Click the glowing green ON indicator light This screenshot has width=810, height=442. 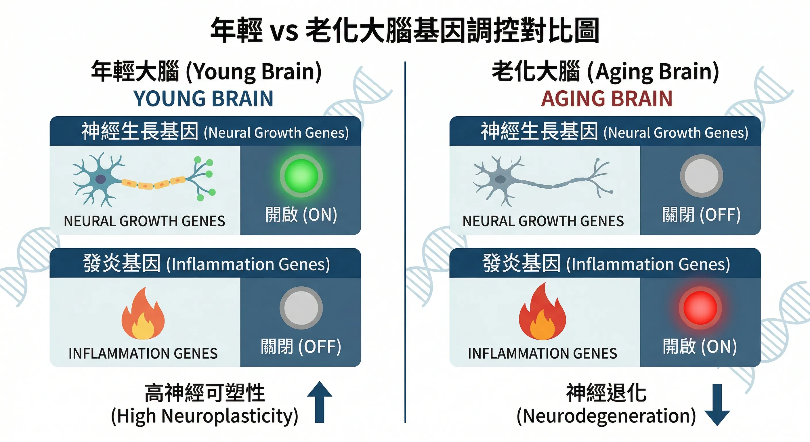point(301,176)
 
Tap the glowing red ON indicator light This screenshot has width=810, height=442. point(700,308)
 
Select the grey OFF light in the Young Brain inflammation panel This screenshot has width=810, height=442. point(301,308)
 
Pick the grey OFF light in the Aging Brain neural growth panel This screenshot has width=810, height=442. point(701,176)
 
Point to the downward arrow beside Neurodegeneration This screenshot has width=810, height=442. point(717,405)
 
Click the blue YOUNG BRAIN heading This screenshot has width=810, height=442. point(203,98)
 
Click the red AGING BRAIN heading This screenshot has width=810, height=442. point(607,98)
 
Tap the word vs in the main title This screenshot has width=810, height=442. point(284,31)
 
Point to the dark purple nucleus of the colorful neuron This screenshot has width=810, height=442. point(101,179)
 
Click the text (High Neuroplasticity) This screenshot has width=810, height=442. point(205,416)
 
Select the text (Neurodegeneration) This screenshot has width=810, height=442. point(606,416)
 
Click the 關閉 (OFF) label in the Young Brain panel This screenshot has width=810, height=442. point(301,347)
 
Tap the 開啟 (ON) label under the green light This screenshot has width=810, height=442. point(301,215)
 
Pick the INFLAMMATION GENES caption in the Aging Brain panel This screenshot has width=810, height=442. point(542,354)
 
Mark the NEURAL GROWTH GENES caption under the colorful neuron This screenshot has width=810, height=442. point(144,221)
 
